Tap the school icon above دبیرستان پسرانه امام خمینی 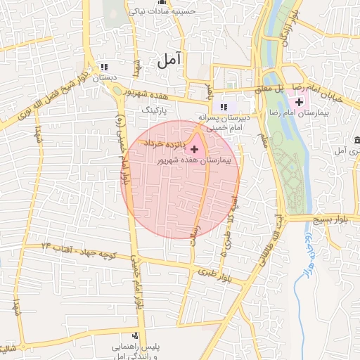(224, 107)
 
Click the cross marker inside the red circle (194, 149)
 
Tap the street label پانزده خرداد (165, 143)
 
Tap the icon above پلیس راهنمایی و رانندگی (135, 335)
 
